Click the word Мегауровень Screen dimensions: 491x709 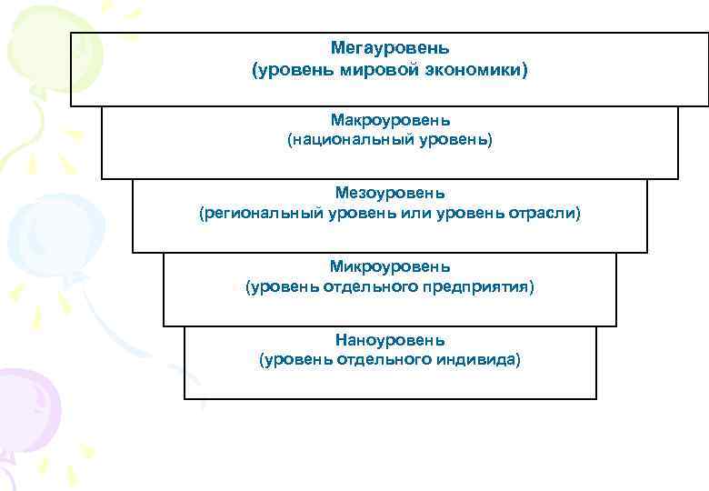pyautogui.click(x=390, y=47)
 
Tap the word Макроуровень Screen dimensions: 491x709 pyautogui.click(x=390, y=120)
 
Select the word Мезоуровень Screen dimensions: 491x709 pyautogui.click(x=390, y=194)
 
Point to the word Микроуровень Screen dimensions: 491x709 pyautogui.click(x=390, y=267)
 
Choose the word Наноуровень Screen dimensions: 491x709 pyautogui.click(x=390, y=341)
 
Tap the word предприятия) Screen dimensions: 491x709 pyautogui.click(x=484, y=288)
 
